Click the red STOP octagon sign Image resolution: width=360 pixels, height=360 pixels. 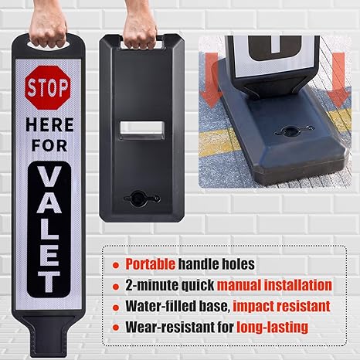tap(48, 89)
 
